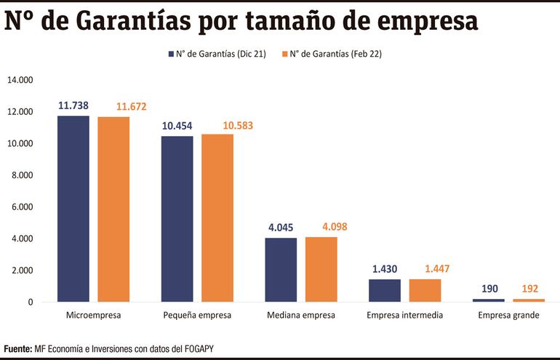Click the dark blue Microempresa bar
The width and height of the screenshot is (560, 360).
tap(73, 209)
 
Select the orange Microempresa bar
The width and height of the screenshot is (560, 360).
tap(113, 209)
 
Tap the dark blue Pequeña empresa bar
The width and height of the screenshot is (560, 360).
tap(177, 219)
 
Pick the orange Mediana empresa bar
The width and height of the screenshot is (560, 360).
tap(321, 269)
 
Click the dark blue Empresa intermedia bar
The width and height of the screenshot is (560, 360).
tap(384, 290)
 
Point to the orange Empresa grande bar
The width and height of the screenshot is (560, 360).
tap(529, 300)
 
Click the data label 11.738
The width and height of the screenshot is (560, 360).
tap(73, 105)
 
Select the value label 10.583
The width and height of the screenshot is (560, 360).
tap(217, 126)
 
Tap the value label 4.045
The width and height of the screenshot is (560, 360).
tap(281, 228)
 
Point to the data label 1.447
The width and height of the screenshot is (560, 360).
tap(425, 269)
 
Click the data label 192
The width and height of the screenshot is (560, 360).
tap(529, 289)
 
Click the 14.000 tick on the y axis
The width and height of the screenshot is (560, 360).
tap(20, 80)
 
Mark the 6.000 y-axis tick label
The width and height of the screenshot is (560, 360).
tap(22, 207)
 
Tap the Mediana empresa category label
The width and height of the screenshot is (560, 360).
tap(301, 316)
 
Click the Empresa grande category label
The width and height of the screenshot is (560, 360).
tap(508, 316)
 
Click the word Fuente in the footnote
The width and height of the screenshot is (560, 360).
tap(17, 349)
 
